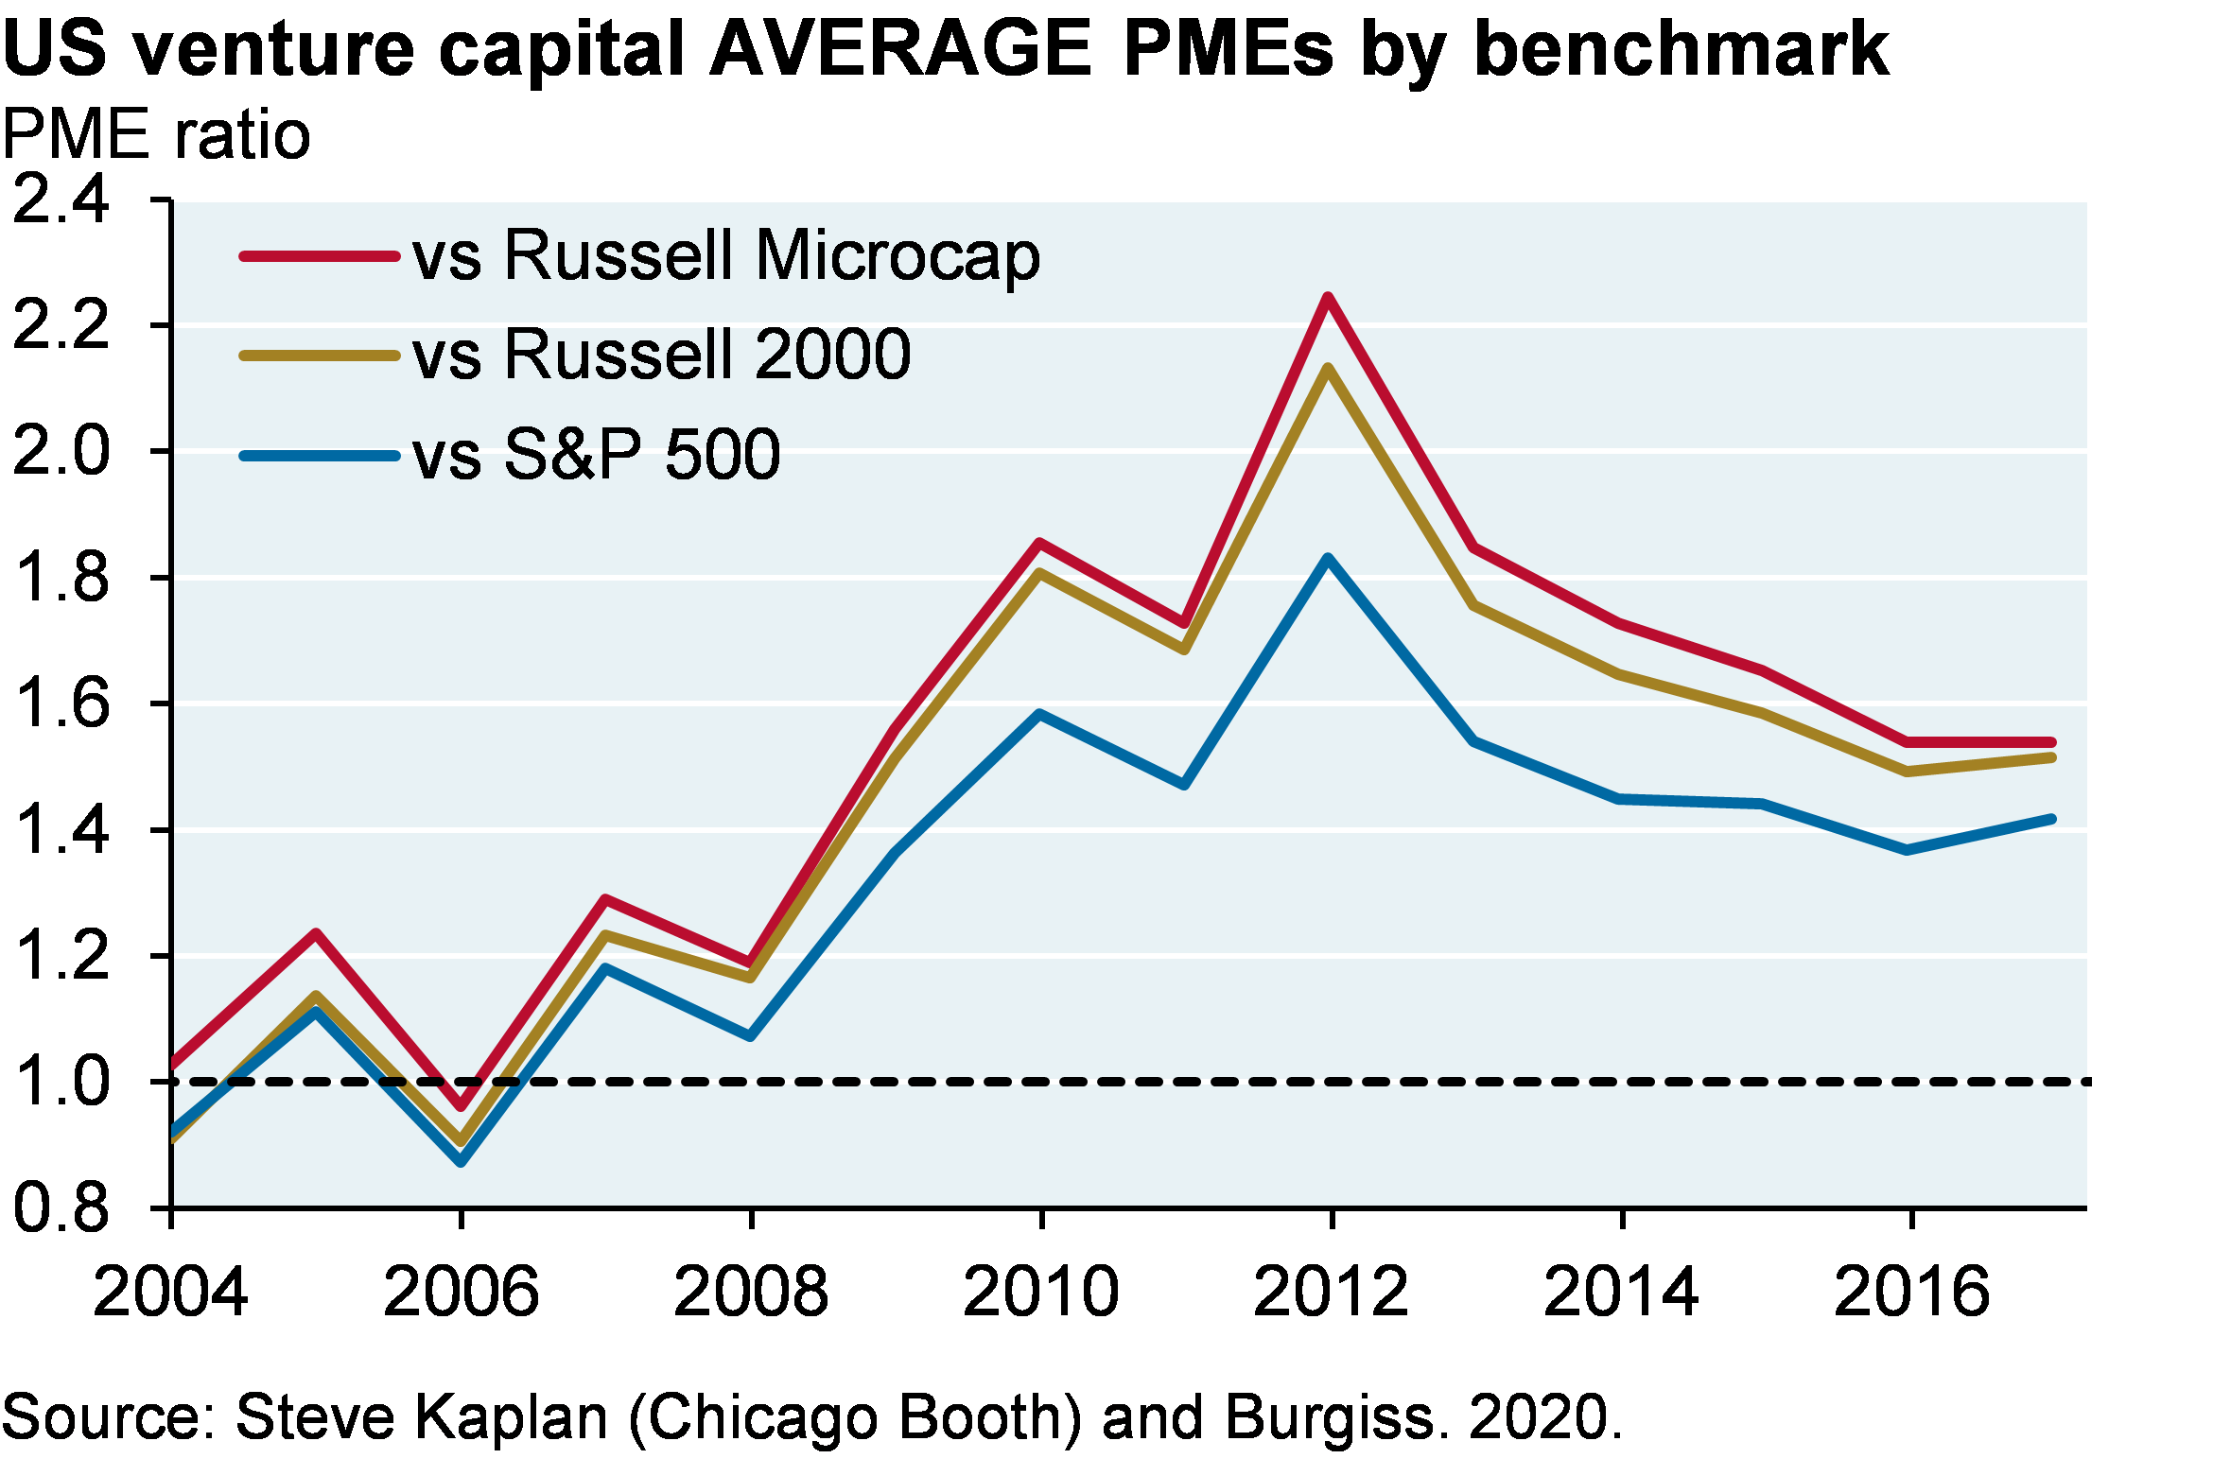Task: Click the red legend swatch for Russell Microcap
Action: click(x=320, y=256)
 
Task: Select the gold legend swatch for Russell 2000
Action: click(x=320, y=356)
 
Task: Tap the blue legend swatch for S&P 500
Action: click(x=320, y=456)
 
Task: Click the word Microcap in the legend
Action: click(x=897, y=256)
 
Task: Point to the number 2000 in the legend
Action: click(x=832, y=355)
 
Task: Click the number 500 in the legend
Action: click(x=723, y=455)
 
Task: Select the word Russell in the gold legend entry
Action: click(x=619, y=355)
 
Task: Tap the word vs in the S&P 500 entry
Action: click(x=446, y=458)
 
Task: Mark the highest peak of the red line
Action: click(x=1328, y=298)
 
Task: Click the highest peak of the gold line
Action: click(x=1328, y=369)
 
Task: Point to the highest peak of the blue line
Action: click(x=1328, y=559)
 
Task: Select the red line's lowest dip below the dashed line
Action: click(x=462, y=1105)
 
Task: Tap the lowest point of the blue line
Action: click(x=462, y=1161)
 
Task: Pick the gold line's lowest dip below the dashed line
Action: click(x=462, y=1141)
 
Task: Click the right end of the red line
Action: click(x=2051, y=742)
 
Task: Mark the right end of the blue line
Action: click(x=2051, y=819)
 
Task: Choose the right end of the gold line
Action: click(x=2051, y=758)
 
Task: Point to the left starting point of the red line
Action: click(x=175, y=1064)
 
